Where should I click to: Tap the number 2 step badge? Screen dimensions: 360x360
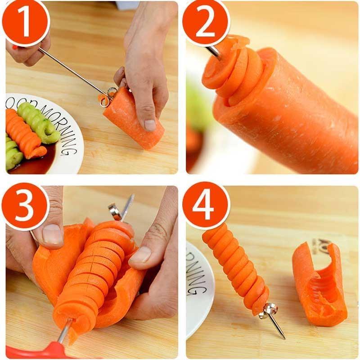tap(206, 22)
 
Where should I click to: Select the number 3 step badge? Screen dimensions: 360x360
tap(25, 207)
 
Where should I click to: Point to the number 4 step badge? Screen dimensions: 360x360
tap(206, 206)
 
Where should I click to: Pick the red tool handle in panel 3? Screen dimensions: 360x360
tap(40, 351)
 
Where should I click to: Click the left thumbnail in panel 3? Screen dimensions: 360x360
tap(54, 234)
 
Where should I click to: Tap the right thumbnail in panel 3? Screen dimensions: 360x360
tap(141, 254)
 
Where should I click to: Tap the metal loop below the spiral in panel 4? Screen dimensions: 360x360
tap(270, 310)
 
